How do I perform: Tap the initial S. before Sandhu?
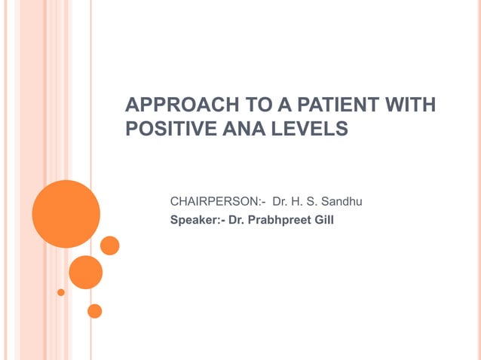[312, 201]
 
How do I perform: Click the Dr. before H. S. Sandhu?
[280, 201]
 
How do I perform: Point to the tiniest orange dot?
[61, 292]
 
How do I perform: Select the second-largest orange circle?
[85, 272]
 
